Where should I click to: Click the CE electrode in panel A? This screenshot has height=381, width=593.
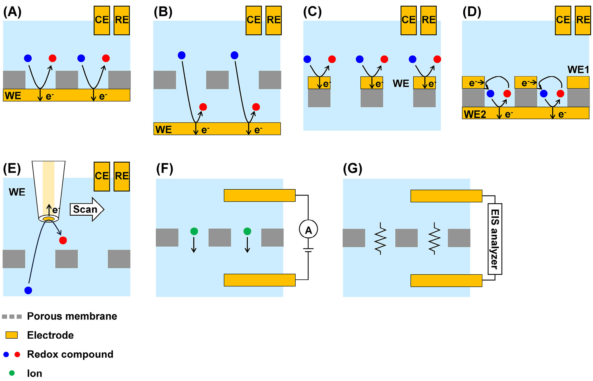point(102,20)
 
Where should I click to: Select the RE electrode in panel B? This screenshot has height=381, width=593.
point(273,20)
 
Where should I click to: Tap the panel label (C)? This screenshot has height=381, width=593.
point(312,12)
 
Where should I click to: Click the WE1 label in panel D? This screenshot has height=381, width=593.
point(578,70)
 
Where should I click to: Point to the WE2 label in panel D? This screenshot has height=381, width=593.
point(475,114)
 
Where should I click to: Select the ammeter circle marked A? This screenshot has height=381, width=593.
point(308,229)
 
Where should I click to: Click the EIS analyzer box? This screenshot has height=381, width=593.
point(495,239)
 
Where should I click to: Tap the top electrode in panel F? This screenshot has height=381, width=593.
point(260,195)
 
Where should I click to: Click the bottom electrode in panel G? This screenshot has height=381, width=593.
point(446,281)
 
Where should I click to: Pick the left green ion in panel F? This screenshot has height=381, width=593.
point(194,231)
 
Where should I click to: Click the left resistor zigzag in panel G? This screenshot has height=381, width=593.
point(380,238)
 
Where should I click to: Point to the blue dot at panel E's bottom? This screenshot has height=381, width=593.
point(28,290)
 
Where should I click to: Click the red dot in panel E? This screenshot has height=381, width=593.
point(63,240)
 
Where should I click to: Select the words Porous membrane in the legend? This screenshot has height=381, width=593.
point(72,316)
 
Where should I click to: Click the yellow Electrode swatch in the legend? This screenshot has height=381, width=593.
point(12,335)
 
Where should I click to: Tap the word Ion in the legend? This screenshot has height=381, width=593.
point(34,373)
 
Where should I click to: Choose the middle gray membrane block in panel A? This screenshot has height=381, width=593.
point(67,80)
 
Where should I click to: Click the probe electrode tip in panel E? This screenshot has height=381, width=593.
point(49,219)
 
